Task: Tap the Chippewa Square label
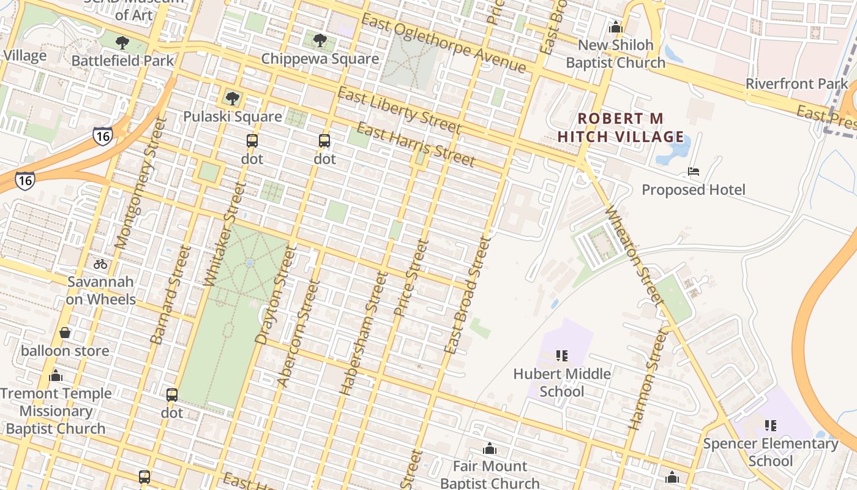320,59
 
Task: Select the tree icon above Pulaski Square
232,99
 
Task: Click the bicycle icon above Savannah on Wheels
100,265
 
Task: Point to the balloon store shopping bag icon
65,333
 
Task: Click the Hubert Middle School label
562,382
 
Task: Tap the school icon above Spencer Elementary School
771,425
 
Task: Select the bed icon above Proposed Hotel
694,171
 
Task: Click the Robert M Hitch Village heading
621,127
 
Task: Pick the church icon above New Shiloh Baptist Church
616,28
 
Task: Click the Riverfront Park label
796,84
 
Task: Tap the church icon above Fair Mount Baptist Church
490,449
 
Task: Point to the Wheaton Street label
634,256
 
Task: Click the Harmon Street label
647,380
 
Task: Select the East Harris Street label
416,145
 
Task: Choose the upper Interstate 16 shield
103,135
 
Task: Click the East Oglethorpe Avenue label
443,42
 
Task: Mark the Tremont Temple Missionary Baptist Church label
56,411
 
